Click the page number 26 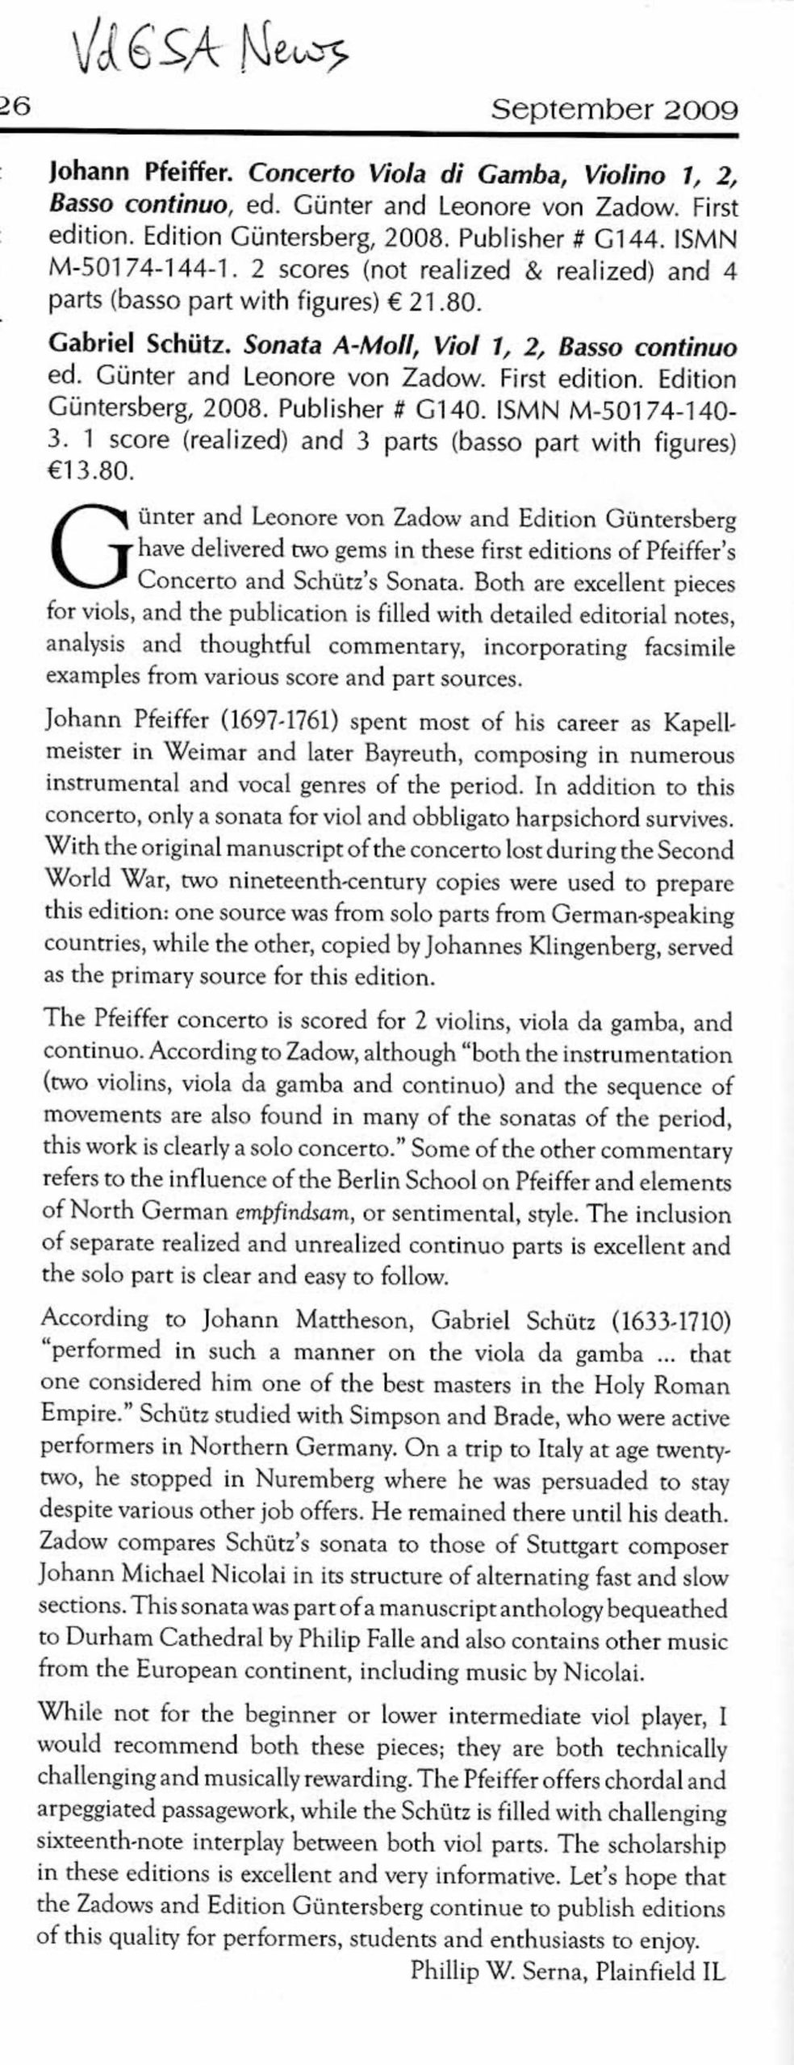(15, 107)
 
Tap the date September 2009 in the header (614, 109)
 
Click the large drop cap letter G (90, 549)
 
